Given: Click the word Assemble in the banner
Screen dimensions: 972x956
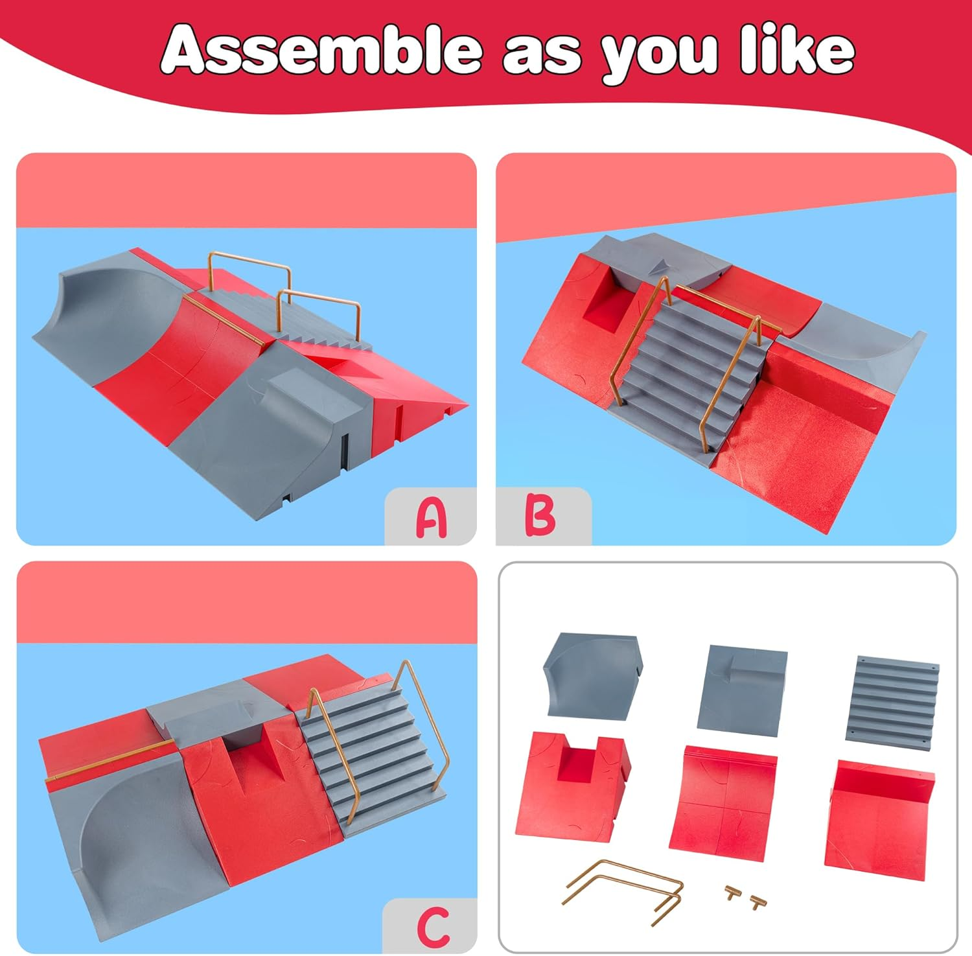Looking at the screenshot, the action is click(321, 50).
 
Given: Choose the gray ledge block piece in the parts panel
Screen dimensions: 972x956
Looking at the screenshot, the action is click(743, 687).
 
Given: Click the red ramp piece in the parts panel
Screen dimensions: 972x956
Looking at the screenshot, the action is click(880, 814).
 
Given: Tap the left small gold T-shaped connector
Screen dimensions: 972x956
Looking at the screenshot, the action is click(733, 892).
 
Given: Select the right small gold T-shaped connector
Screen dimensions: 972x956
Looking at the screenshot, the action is click(758, 901).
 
